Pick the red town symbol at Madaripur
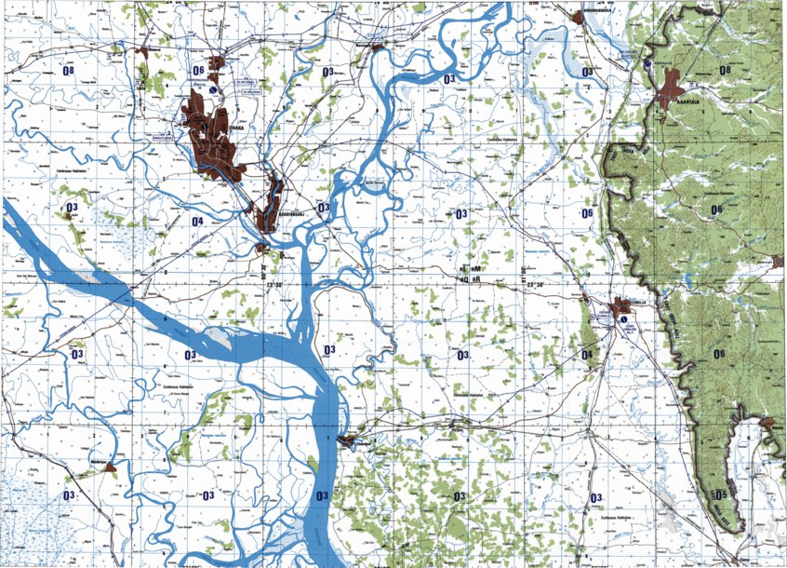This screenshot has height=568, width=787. [x=110, y=467]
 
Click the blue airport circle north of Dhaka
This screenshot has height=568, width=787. [x=215, y=90]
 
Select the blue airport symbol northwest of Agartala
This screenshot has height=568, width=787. [x=647, y=64]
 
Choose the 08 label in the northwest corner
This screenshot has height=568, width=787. [x=68, y=71]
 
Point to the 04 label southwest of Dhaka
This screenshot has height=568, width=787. [x=196, y=222]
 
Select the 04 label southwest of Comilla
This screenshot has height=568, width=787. [x=587, y=355]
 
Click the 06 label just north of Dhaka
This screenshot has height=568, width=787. [x=198, y=71]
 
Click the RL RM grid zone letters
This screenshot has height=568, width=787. [x=469, y=268]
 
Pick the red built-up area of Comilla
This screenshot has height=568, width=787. [x=620, y=308]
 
